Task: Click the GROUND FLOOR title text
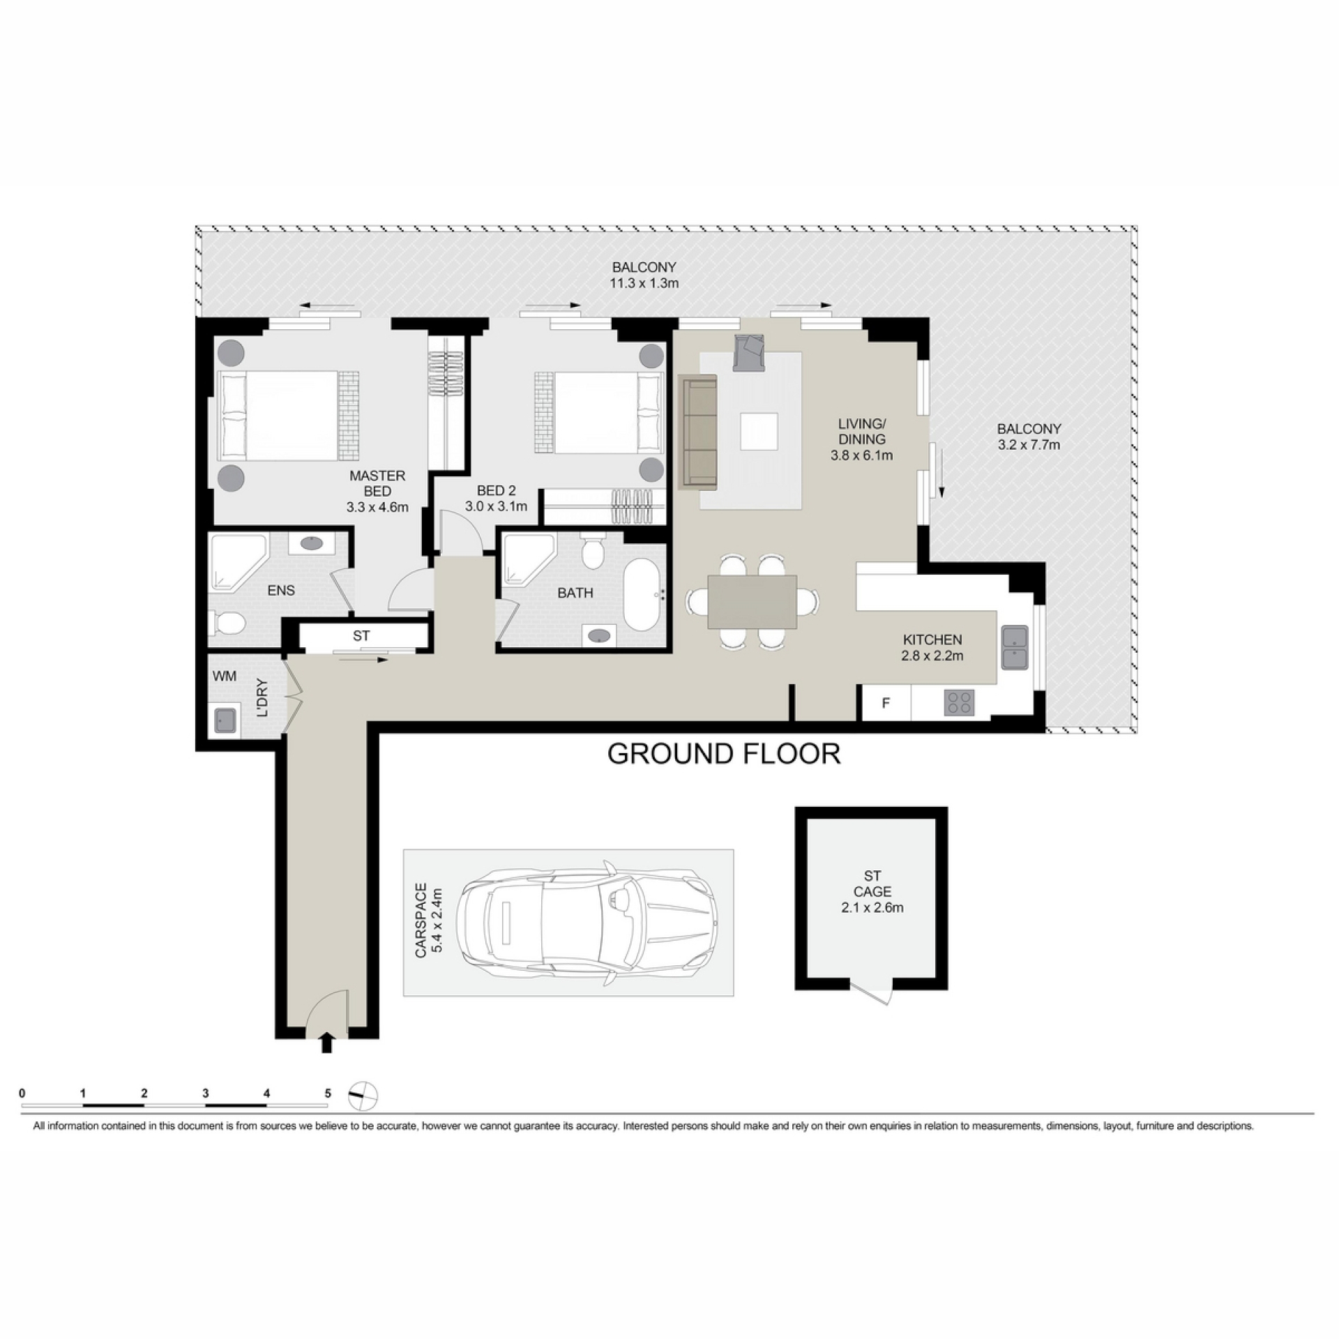(724, 754)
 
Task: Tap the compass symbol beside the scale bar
(362, 1094)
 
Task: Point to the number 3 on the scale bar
(205, 1094)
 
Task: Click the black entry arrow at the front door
(326, 1043)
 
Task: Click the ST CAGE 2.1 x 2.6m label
(872, 891)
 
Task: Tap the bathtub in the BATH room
(645, 594)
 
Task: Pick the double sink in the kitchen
(1015, 647)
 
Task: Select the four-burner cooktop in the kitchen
(960, 702)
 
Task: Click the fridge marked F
(886, 703)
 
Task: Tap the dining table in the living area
(752, 601)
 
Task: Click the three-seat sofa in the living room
(697, 431)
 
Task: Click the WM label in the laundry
(225, 676)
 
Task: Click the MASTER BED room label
(377, 491)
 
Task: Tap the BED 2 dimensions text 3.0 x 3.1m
(497, 507)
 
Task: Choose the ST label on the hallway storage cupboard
(361, 635)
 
